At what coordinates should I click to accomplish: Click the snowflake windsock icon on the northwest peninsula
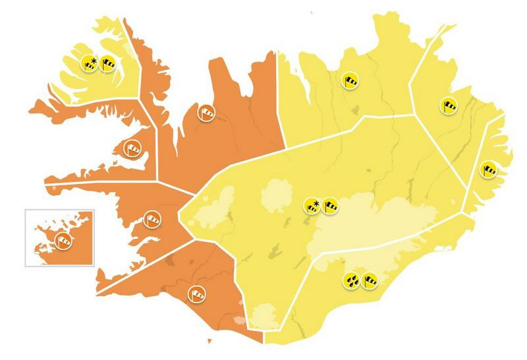[x=89, y=64]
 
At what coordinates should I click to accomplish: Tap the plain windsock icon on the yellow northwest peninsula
[x=107, y=64]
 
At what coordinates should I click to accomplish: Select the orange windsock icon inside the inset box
[x=63, y=239]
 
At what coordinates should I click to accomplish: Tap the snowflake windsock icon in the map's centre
[x=311, y=206]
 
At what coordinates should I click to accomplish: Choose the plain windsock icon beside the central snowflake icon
[x=329, y=206]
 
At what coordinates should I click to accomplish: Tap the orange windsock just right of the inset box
[x=152, y=218]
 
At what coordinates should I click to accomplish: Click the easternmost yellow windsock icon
[x=488, y=169]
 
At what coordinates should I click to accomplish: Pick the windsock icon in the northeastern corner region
[x=448, y=105]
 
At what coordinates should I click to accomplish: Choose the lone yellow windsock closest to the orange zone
[x=350, y=80]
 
